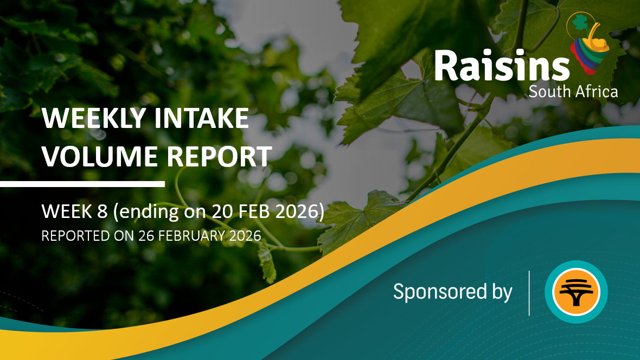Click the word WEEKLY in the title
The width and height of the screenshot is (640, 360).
pos(94,118)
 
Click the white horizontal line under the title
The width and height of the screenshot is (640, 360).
pos(82,184)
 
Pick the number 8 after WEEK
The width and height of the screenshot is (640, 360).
pos(102,211)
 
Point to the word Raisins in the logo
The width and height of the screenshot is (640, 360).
pos(502,66)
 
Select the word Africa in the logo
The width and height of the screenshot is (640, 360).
pos(594,91)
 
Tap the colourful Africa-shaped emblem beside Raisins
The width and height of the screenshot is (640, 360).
pos(588,43)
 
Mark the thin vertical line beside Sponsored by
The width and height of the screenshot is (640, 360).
pos(529,293)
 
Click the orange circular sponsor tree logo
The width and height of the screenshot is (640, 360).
pos(576,292)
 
